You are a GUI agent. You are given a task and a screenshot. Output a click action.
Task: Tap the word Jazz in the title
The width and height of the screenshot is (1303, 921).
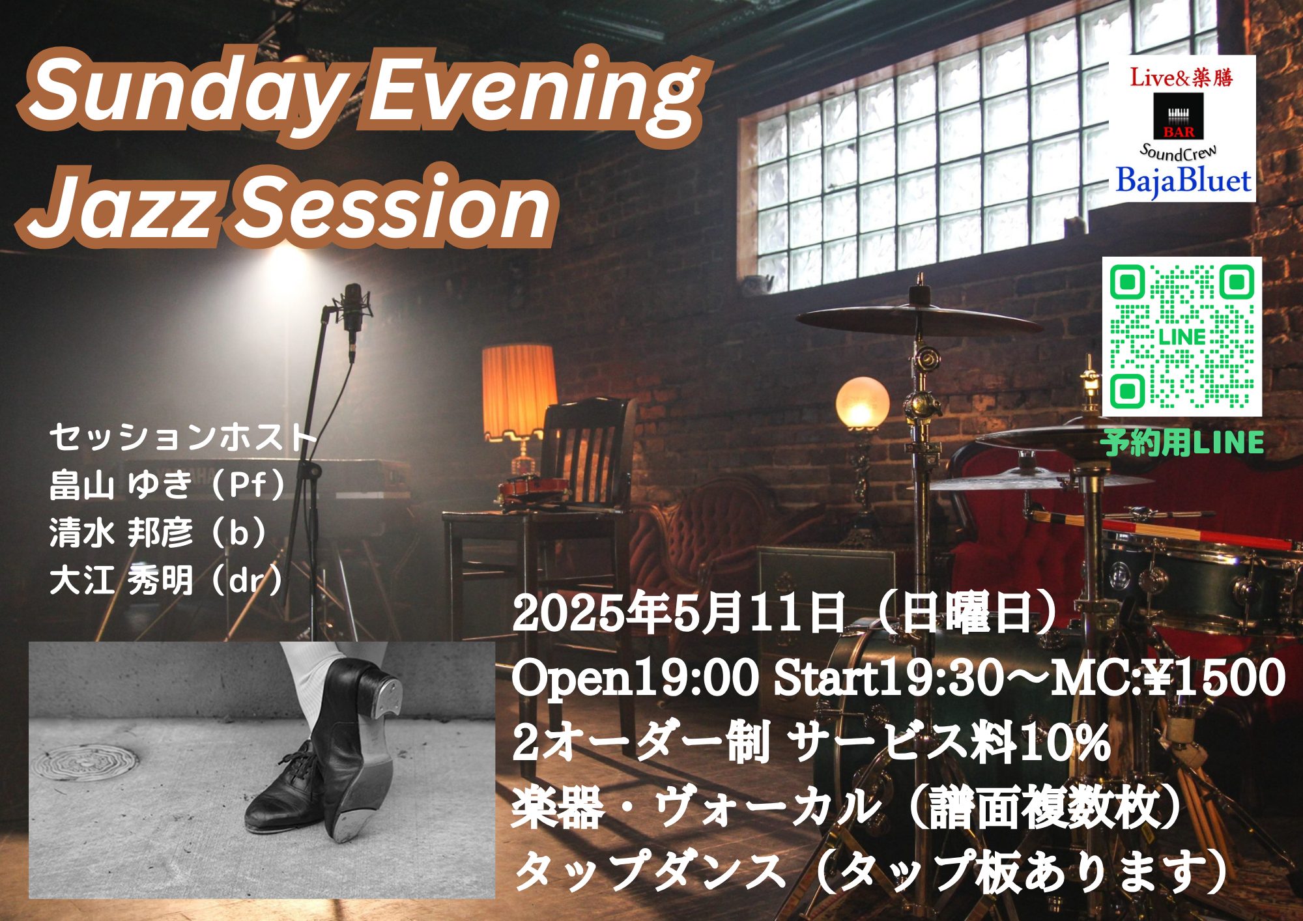click(x=124, y=206)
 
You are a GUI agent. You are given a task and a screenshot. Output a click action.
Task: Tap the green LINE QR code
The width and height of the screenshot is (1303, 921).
click(x=1181, y=336)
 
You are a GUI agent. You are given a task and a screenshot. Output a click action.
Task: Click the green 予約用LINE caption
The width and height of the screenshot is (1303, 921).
click(x=1182, y=443)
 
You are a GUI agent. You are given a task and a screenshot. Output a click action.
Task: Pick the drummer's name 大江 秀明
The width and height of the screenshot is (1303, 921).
click(x=121, y=580)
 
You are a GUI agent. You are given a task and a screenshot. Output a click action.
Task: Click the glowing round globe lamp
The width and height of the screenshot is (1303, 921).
click(x=863, y=402)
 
